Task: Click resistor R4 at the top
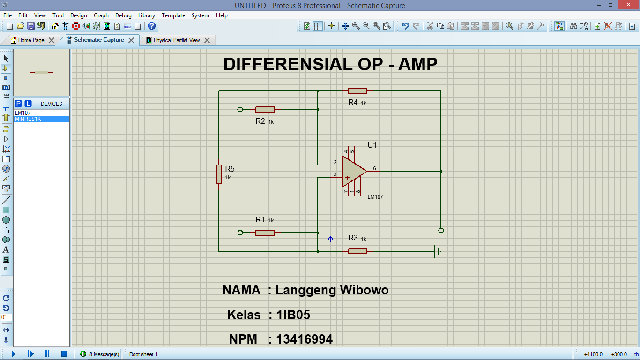[357, 91]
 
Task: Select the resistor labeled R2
[265, 109]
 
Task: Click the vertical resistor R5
[219, 174]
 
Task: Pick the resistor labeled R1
[265, 232]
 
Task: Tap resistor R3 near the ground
[357, 251]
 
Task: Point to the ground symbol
[438, 251]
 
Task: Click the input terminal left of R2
[240, 109]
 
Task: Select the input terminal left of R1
[240, 232]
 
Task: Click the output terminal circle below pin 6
[440, 230]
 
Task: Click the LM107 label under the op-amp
[375, 197]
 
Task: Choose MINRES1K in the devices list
[28, 119]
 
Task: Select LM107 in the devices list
[23, 113]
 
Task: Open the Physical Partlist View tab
[176, 40]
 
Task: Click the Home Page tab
[31, 40]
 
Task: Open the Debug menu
[123, 15]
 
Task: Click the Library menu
[147, 15]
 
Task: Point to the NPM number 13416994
[305, 339]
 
